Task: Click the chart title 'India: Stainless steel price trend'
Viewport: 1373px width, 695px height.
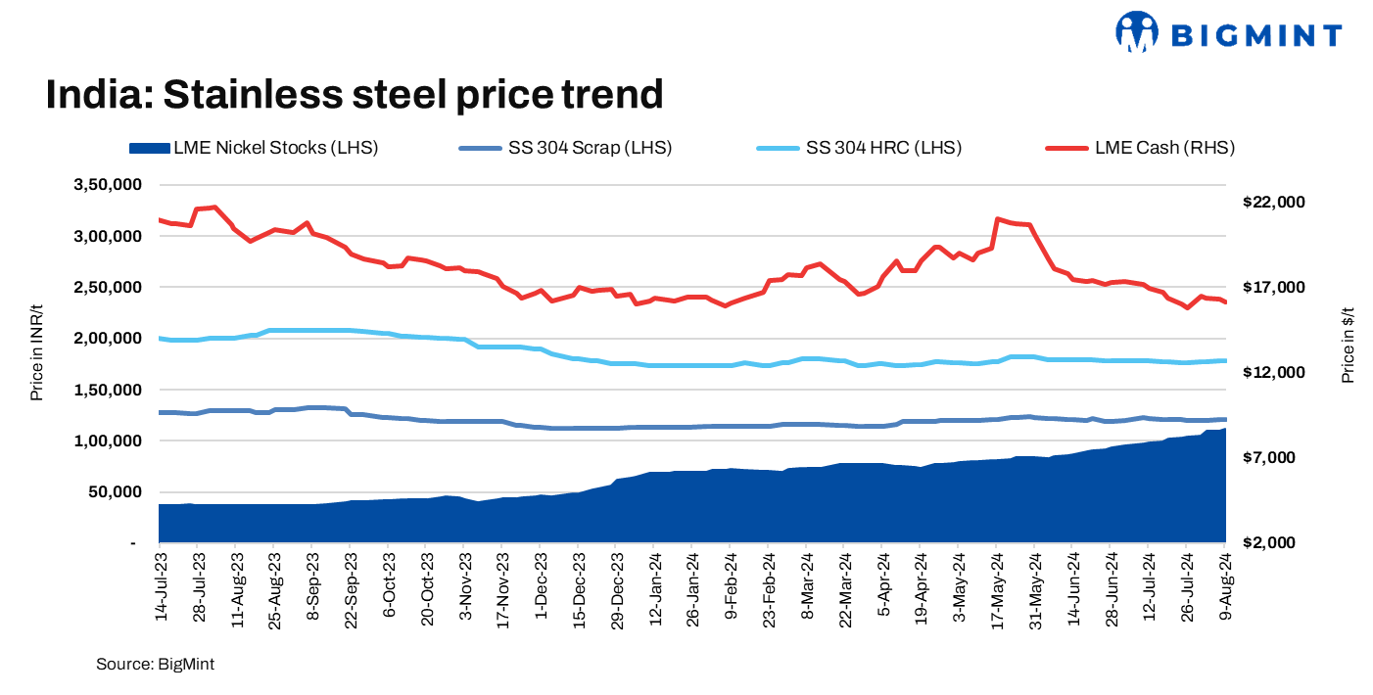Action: [x=355, y=95]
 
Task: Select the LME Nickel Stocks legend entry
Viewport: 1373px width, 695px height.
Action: [x=254, y=149]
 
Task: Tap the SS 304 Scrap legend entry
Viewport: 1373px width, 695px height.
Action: [x=564, y=149]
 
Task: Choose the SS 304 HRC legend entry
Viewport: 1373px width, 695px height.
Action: [x=860, y=149]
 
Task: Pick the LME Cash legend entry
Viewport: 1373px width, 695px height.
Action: [x=1140, y=149]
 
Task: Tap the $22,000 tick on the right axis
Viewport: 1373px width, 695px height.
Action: [x=1274, y=202]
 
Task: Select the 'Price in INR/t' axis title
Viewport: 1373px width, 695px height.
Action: [x=36, y=363]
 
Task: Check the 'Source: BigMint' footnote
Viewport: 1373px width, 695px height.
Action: [x=155, y=665]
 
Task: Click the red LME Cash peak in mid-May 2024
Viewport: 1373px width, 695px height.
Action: [x=997, y=219]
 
